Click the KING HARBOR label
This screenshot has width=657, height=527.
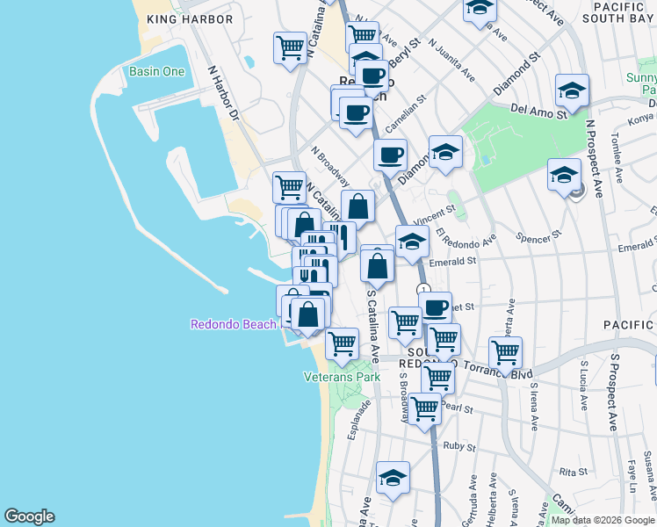[x=191, y=19]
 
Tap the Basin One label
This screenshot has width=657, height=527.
[x=156, y=71]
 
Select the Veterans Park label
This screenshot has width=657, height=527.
[x=342, y=377]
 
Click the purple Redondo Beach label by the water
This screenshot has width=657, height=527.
[x=234, y=324]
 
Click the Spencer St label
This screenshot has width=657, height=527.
[x=538, y=237]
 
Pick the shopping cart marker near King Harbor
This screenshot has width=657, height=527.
[x=289, y=47]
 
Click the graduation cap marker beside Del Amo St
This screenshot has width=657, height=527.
[x=572, y=90]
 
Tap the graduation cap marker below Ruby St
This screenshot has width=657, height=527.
[x=393, y=478]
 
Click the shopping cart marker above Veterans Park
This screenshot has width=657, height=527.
[x=342, y=343]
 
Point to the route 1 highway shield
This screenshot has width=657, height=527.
[x=423, y=289]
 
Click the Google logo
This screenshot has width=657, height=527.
[x=29, y=516]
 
